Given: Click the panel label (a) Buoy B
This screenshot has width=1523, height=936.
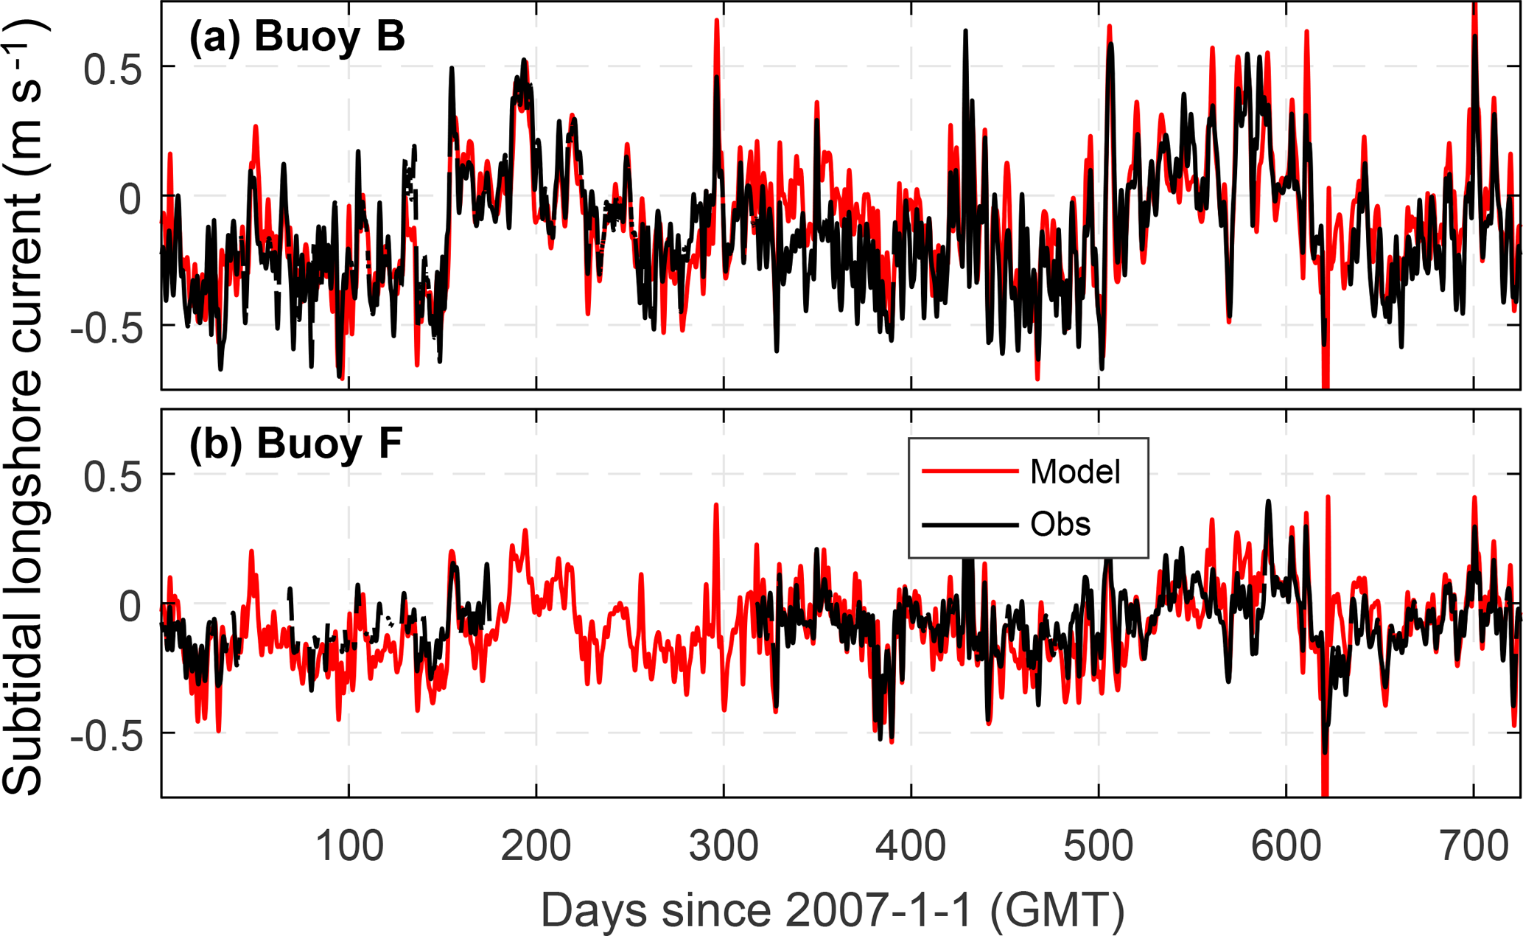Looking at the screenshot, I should tap(297, 36).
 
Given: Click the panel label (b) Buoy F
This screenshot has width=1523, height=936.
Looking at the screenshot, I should tap(295, 444).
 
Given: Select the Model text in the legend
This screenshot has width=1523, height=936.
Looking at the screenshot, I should tap(1075, 472).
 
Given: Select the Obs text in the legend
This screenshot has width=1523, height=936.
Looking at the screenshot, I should tap(1060, 524).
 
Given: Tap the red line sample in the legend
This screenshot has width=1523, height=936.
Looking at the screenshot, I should tap(970, 471).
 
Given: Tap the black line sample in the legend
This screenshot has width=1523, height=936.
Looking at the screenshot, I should tap(970, 525).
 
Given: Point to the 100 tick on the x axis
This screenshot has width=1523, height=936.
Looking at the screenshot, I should tap(349, 846).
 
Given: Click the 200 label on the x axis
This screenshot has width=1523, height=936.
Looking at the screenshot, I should tap(536, 846).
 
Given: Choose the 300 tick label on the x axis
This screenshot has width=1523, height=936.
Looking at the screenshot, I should tap(724, 846).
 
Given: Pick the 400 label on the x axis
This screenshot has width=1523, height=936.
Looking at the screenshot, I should tap(911, 846).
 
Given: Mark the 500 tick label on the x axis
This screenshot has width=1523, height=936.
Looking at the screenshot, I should tap(1099, 846).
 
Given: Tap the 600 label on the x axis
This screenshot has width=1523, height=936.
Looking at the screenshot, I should tap(1286, 846).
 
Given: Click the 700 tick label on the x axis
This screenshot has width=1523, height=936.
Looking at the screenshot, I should tap(1474, 846).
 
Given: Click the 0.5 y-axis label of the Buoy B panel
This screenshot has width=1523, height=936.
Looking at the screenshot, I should tap(113, 69).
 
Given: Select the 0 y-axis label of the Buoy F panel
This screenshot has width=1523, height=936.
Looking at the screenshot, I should tap(130, 607).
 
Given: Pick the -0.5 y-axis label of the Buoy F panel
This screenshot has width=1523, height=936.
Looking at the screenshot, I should tap(106, 736).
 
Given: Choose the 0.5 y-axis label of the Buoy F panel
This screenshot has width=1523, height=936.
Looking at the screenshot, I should tap(113, 477).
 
